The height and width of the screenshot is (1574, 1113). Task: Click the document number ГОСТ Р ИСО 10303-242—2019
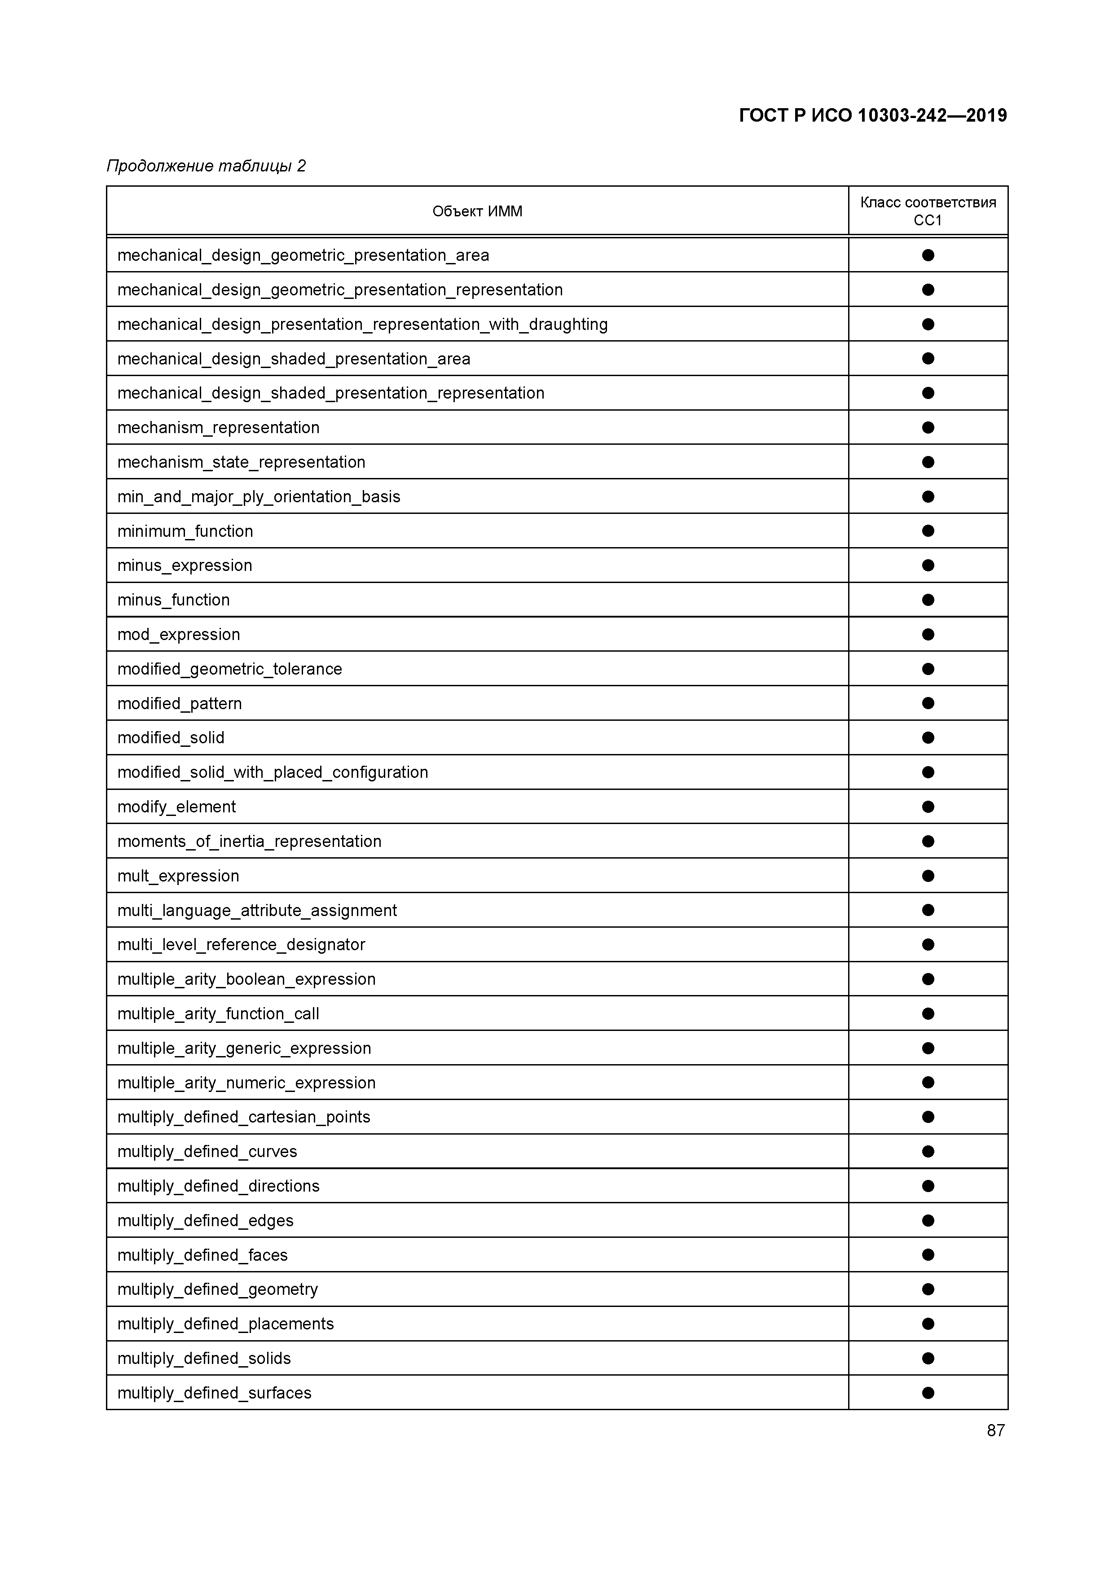(x=872, y=115)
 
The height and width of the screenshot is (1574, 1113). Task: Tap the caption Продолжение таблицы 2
(x=206, y=166)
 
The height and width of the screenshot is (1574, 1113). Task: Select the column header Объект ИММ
(x=477, y=211)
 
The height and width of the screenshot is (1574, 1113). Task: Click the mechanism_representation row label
(x=218, y=428)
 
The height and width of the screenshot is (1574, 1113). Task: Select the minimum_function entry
(x=185, y=531)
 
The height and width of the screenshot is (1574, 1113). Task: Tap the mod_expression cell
(x=178, y=635)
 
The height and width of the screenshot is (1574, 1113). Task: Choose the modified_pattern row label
(x=180, y=703)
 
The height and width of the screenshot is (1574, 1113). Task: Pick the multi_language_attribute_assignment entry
(x=257, y=910)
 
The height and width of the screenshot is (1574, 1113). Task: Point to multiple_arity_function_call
(x=218, y=1014)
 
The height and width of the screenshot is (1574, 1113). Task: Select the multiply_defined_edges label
(x=205, y=1220)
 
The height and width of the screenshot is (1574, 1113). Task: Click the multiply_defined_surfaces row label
(x=214, y=1393)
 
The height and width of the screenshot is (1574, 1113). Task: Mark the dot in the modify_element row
(x=928, y=807)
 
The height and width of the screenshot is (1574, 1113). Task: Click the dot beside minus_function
(x=928, y=600)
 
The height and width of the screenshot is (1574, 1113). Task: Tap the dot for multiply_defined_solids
(x=928, y=1358)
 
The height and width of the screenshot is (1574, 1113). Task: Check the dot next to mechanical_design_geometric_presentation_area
(x=928, y=255)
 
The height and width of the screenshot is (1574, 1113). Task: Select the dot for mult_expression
(x=928, y=876)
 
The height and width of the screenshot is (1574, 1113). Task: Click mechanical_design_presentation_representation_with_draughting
(x=362, y=324)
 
